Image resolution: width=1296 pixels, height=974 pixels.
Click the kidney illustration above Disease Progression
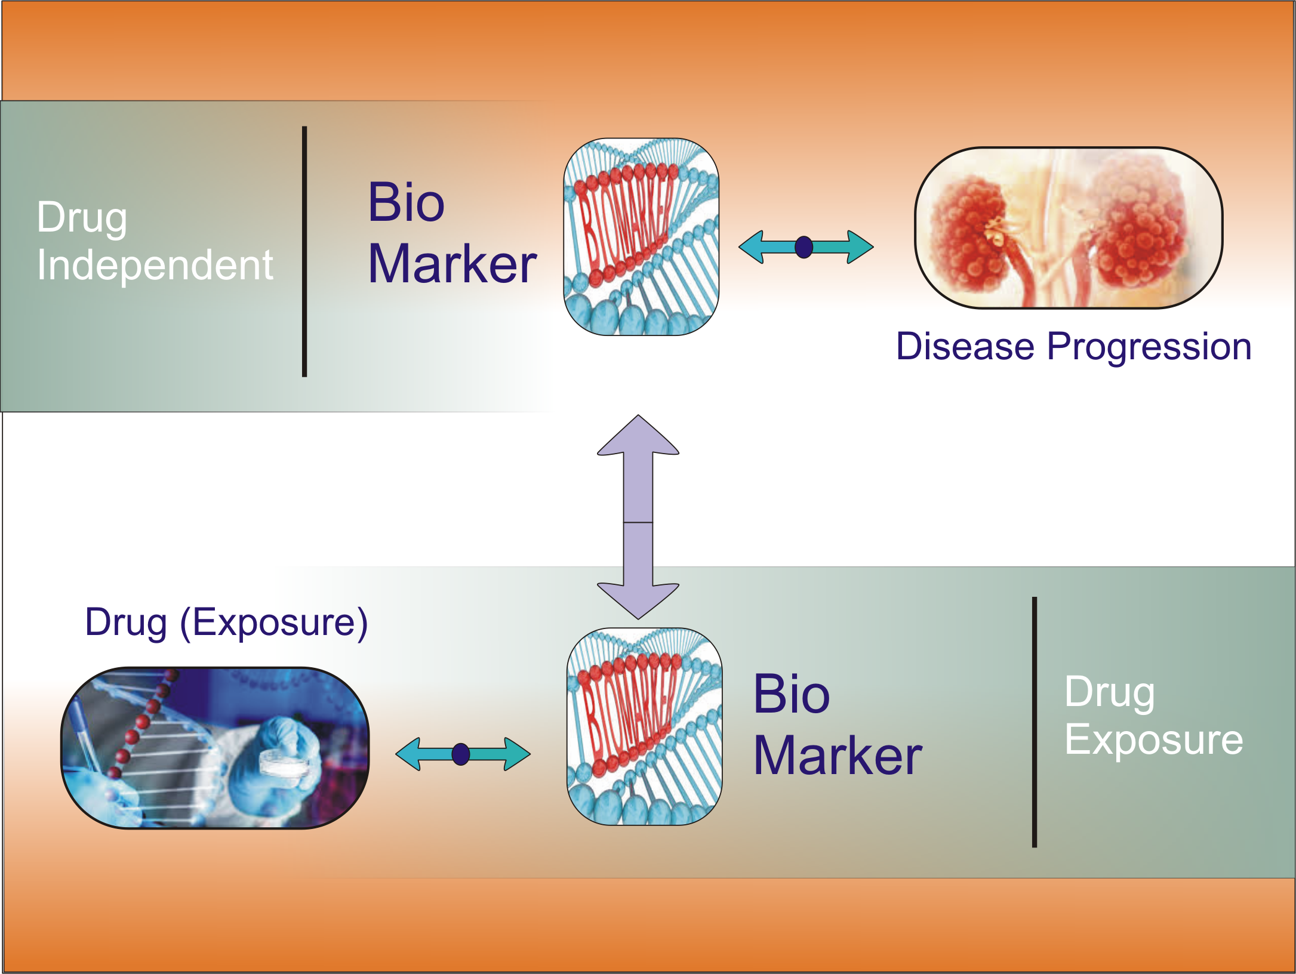click(x=1069, y=227)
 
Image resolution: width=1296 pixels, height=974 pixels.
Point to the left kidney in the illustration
click(x=970, y=233)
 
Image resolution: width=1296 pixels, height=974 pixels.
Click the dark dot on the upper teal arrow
click(x=804, y=246)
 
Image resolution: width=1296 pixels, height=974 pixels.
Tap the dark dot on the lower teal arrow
click(x=461, y=754)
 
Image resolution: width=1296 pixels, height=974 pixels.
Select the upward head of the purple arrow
click(x=638, y=436)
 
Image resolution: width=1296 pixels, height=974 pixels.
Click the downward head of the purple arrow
click(x=638, y=600)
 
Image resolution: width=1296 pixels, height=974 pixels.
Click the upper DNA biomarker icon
click(x=641, y=237)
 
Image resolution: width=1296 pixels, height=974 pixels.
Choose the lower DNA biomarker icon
click(x=644, y=726)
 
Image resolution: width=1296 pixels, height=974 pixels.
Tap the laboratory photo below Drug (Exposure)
click(x=215, y=748)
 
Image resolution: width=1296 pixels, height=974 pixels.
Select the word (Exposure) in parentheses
click(x=273, y=623)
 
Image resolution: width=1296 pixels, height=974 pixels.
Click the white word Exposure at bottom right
click(x=1154, y=740)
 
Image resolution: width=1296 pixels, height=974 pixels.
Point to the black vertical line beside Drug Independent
click(x=304, y=251)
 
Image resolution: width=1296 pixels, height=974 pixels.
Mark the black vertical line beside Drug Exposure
click(x=1035, y=722)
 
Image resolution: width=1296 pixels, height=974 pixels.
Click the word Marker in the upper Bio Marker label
click(x=452, y=264)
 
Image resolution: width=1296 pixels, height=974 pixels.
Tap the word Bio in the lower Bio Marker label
click(x=792, y=693)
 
